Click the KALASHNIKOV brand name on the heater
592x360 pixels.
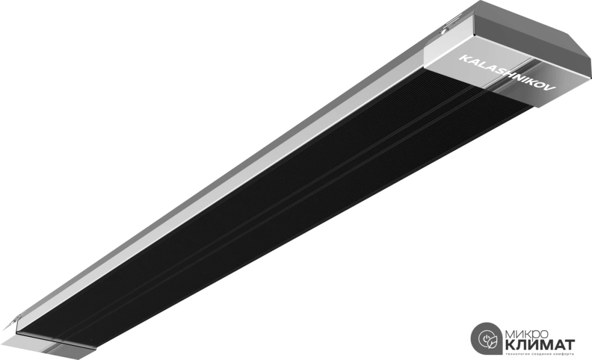pyautogui.click(x=506, y=73)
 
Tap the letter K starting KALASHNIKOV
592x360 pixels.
pyautogui.click(x=462, y=58)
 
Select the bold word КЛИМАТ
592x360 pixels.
pyautogui.click(x=539, y=345)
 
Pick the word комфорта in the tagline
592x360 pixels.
pyautogui.click(x=562, y=354)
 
